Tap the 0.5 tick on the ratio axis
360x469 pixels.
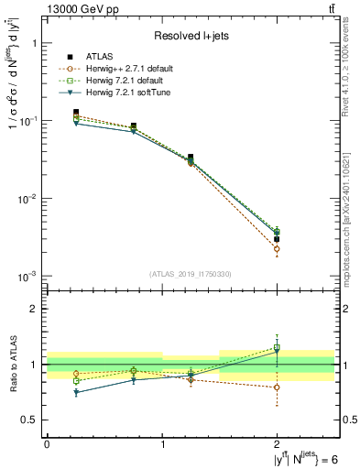pyautogui.click(x=30, y=420)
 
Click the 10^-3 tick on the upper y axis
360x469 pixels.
pyautogui.click(x=28, y=276)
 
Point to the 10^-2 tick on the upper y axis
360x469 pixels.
pyautogui.click(x=28, y=198)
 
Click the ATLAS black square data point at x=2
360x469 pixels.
pyautogui.click(x=278, y=239)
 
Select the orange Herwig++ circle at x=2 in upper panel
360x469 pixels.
pyautogui.click(x=278, y=249)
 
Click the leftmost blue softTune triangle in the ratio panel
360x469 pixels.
pyautogui.click(x=76, y=392)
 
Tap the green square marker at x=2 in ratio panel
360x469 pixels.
pyautogui.click(x=278, y=348)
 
